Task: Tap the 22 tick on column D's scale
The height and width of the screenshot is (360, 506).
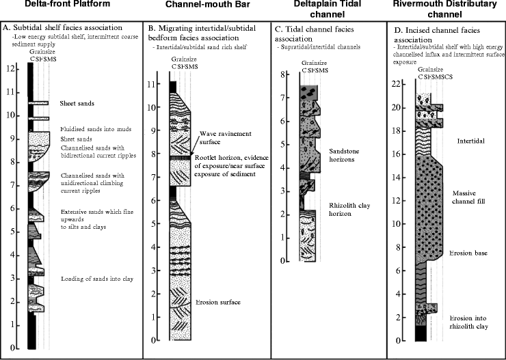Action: click(399, 84)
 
